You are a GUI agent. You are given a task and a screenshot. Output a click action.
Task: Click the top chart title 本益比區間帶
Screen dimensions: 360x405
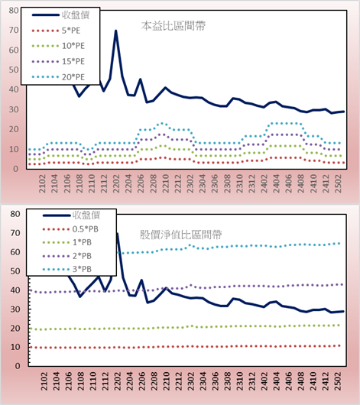click(174, 26)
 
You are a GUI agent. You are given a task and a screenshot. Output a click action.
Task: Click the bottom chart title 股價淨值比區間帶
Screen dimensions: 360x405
click(180, 235)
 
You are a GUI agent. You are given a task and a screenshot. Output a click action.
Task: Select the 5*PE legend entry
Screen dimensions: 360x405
click(56, 31)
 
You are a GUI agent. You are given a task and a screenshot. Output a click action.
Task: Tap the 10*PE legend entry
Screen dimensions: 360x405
click(58, 46)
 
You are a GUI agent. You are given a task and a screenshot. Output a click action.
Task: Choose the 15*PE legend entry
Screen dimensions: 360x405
click(58, 61)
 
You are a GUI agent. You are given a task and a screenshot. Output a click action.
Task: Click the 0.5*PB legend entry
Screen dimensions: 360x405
click(70, 229)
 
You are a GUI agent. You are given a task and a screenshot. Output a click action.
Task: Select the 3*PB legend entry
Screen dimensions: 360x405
click(67, 269)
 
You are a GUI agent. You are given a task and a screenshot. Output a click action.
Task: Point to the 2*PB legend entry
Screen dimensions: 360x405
click(67, 256)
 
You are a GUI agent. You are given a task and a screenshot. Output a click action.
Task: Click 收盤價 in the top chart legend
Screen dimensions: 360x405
click(60, 15)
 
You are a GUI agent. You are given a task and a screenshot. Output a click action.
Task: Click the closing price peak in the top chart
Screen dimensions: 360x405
click(115, 31)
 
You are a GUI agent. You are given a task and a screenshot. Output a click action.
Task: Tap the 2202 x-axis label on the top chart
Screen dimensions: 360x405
click(116, 183)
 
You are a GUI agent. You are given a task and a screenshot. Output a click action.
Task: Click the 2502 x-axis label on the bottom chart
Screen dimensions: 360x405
click(338, 381)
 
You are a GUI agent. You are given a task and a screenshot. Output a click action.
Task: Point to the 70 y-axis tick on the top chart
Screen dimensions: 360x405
click(14, 31)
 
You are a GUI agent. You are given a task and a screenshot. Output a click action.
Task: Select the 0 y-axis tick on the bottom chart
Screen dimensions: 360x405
click(18, 366)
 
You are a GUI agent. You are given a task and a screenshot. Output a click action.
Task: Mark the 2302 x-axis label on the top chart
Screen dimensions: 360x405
click(190, 183)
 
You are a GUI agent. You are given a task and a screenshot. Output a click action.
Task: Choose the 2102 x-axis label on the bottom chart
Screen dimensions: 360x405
click(44, 381)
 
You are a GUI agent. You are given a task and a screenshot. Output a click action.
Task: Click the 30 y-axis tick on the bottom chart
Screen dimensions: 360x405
click(15, 309)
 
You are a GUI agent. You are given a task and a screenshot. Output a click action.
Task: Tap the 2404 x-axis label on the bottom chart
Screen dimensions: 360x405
click(276, 381)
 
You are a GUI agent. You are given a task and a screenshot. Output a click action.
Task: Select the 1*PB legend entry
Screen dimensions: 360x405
click(67, 242)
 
